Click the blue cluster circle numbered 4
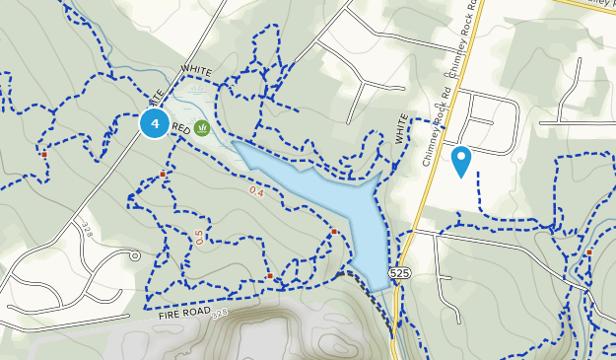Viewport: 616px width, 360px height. (154, 123)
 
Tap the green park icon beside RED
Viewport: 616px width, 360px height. (202, 127)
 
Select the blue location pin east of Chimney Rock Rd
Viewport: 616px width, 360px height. (460, 160)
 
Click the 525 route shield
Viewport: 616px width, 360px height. (399, 271)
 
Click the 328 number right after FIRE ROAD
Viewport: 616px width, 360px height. (219, 313)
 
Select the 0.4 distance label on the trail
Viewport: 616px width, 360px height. (257, 190)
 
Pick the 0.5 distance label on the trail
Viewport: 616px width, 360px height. (199, 237)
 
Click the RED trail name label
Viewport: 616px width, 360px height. (180, 128)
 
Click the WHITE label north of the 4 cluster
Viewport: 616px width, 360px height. (197, 71)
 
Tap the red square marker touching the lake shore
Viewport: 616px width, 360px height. (334, 232)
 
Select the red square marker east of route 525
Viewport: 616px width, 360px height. (588, 252)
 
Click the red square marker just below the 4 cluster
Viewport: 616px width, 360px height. (163, 174)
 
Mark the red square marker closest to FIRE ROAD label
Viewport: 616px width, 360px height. (270, 276)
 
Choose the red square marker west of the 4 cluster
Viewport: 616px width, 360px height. (44, 154)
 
